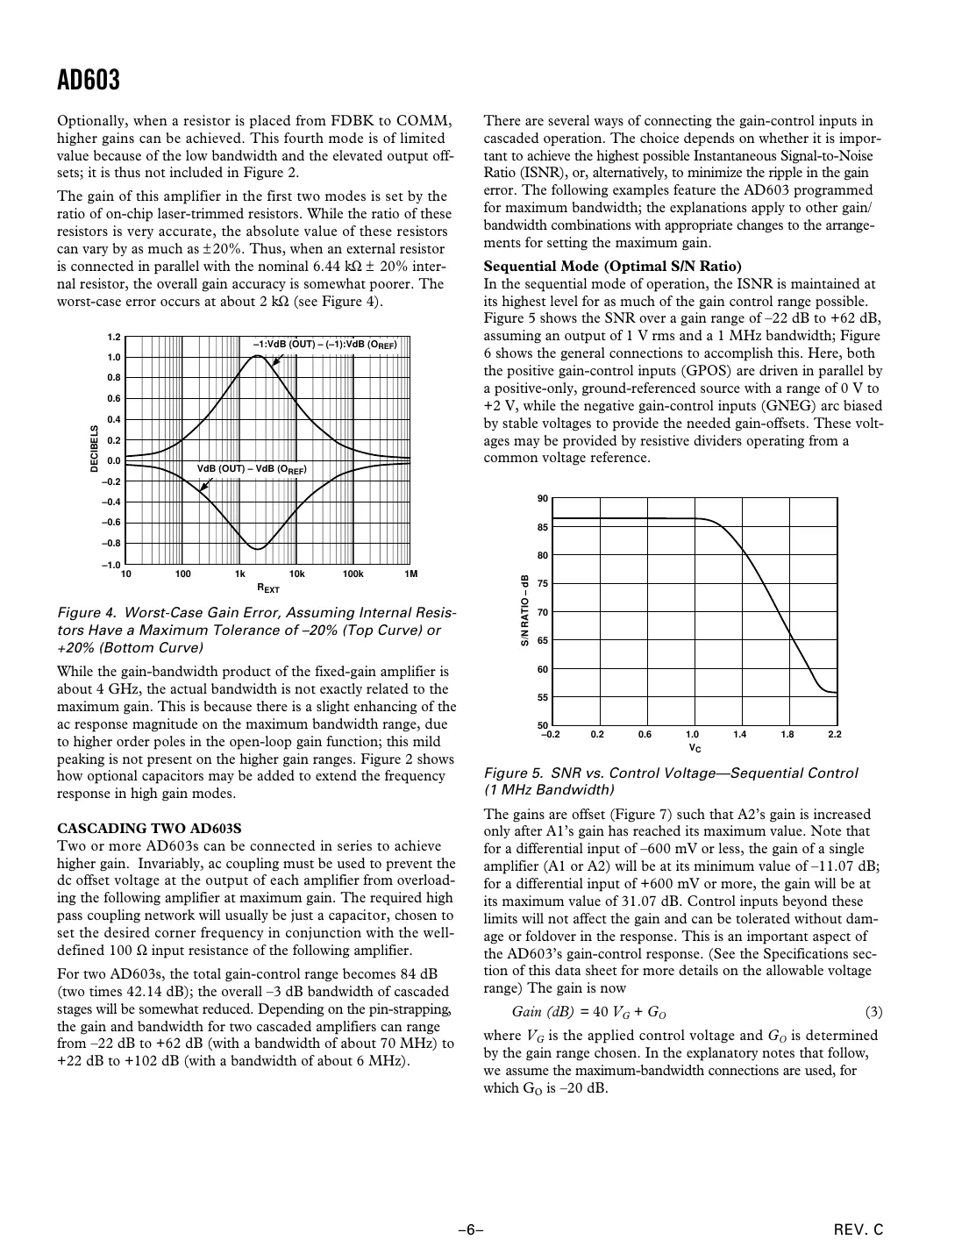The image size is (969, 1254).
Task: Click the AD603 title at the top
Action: [88, 81]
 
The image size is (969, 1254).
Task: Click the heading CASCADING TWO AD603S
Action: [148, 828]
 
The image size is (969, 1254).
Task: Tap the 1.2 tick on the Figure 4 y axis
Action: [113, 337]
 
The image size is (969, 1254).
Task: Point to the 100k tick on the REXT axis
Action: [353, 574]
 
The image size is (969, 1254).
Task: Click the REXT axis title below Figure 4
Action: [267, 588]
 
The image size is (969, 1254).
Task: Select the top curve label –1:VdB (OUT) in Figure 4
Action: [324, 344]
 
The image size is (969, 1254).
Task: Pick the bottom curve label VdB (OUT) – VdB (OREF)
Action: [252, 469]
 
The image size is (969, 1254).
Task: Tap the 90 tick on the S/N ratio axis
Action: [542, 499]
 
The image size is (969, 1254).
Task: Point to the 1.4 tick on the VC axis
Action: [739, 734]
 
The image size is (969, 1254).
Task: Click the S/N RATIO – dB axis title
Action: [524, 611]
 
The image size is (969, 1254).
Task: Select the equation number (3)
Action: [873, 1012]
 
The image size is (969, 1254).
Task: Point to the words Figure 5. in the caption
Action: [513, 773]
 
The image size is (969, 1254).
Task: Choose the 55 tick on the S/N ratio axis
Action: [542, 697]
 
